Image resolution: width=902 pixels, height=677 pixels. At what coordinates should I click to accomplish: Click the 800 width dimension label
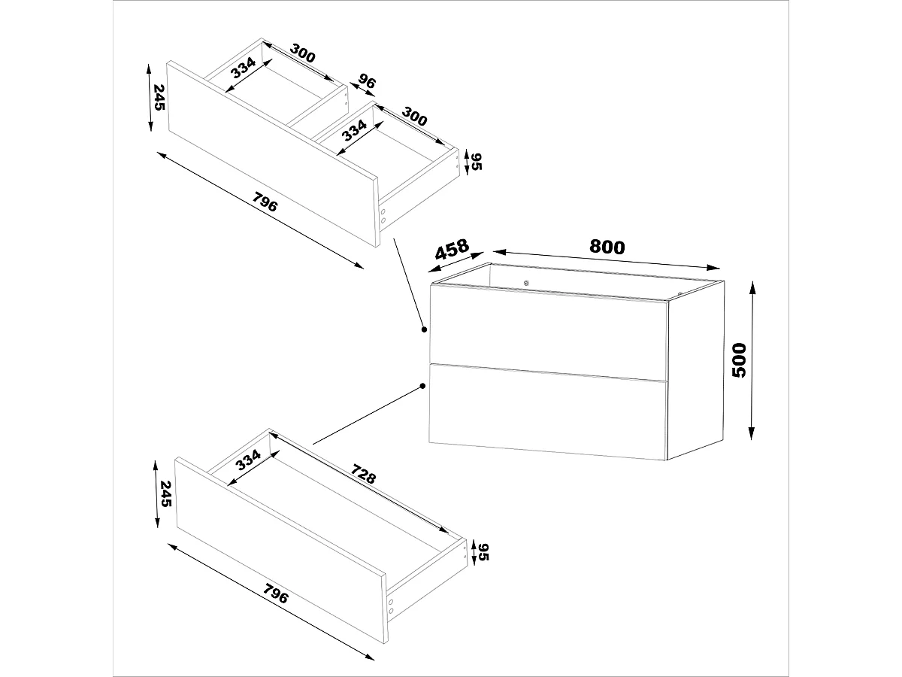pyautogui.click(x=607, y=247)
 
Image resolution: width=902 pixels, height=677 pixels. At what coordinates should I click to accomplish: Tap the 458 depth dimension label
pyautogui.click(x=452, y=249)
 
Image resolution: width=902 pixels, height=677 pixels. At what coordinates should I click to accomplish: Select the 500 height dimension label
pyautogui.click(x=740, y=360)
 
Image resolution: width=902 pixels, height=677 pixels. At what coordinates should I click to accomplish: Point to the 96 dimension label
pyautogui.click(x=367, y=81)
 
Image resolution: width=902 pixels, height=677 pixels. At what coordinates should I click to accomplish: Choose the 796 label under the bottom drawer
pyautogui.click(x=275, y=595)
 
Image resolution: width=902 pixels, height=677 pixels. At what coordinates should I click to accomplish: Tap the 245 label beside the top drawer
pyautogui.click(x=159, y=98)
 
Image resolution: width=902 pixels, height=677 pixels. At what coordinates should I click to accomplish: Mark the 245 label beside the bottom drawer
pyautogui.click(x=166, y=493)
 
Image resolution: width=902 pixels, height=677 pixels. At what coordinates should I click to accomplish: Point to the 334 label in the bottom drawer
pyautogui.click(x=248, y=459)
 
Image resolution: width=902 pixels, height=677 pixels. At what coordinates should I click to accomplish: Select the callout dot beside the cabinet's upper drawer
pyautogui.click(x=424, y=329)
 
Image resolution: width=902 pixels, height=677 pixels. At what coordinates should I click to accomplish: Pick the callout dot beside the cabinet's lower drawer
pyautogui.click(x=424, y=387)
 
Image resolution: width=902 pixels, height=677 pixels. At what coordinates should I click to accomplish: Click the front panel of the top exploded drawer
pyautogui.click(x=271, y=154)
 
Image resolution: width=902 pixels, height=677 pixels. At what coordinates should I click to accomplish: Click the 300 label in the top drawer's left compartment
pyautogui.click(x=301, y=54)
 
